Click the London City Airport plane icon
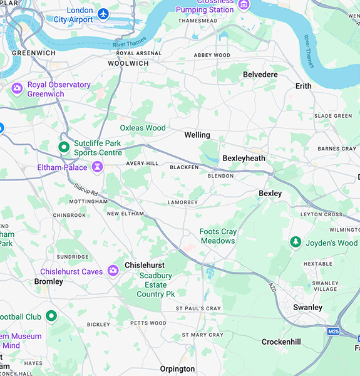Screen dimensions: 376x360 103,13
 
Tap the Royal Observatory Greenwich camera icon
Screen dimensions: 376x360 17,88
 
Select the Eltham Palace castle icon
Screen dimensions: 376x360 97,167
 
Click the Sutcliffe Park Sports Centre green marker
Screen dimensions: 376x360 63,147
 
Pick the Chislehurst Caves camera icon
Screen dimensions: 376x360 113,271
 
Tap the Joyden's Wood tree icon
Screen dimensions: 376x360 295,242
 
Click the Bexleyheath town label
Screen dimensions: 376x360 244,159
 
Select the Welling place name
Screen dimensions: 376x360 197,135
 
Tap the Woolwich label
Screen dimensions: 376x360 128,63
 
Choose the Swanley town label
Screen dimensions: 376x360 308,307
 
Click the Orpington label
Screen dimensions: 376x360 177,368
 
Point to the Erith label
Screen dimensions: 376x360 303,86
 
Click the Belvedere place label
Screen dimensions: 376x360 260,75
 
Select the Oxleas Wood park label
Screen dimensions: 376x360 143,128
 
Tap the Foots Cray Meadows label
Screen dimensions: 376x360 217,236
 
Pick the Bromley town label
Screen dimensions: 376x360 49,281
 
